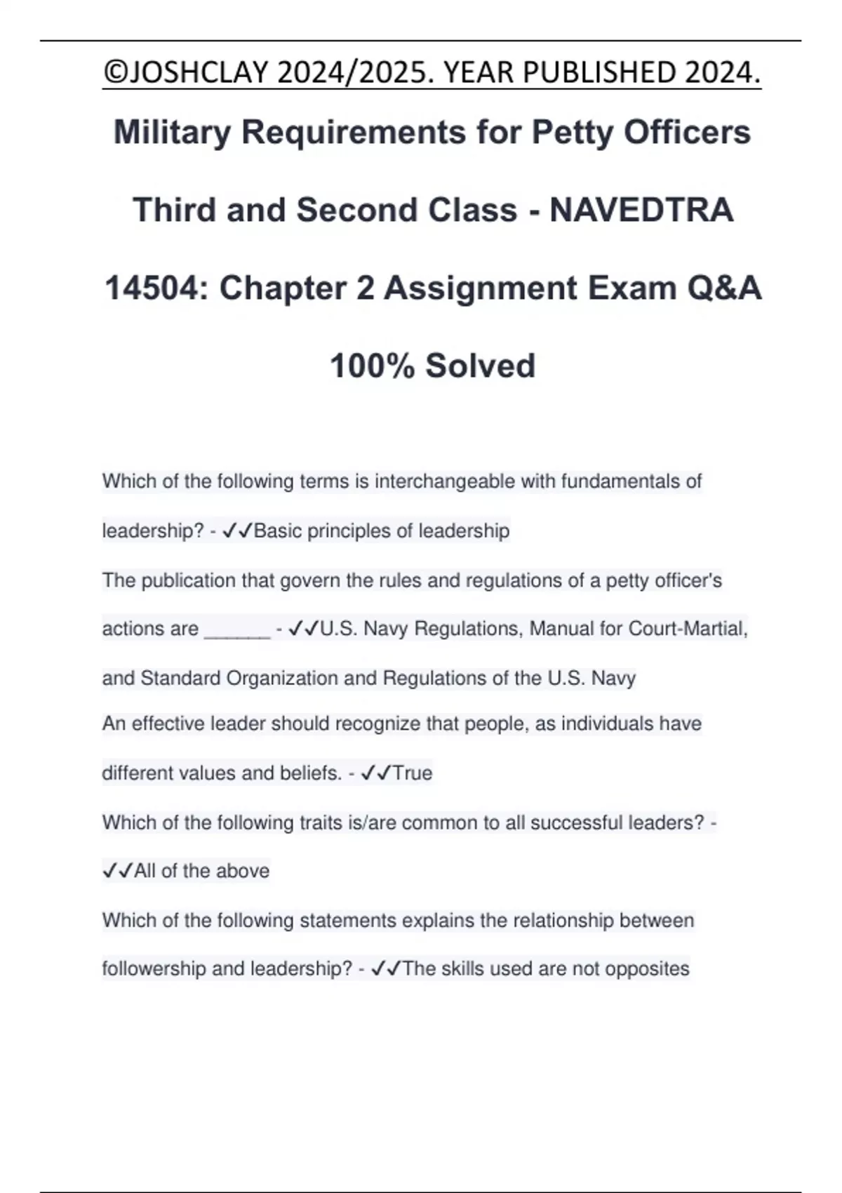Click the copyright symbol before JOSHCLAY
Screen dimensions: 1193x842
point(112,72)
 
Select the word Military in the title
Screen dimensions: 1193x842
point(172,132)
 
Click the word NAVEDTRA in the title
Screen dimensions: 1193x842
point(641,210)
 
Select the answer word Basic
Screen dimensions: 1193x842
point(278,531)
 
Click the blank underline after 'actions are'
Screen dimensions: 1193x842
point(236,629)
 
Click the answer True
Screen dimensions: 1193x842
point(413,773)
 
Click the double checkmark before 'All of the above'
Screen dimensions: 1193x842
point(117,871)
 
